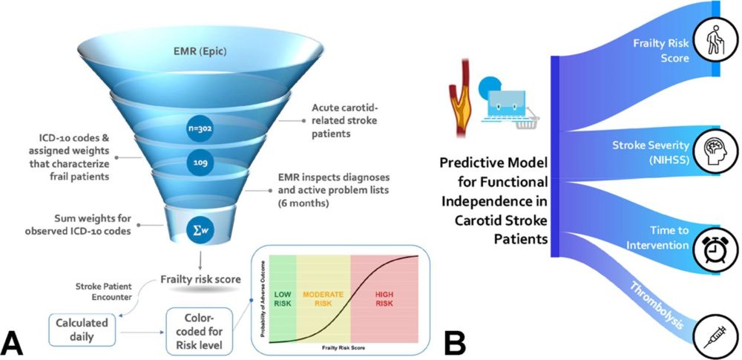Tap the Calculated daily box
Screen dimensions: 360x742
(82, 329)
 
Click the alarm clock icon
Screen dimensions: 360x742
(712, 248)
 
